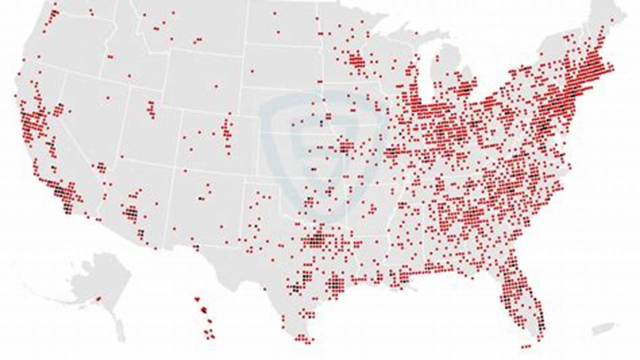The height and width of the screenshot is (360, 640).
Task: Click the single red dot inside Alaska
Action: [x=98, y=299]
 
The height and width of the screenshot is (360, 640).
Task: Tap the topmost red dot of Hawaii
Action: [x=197, y=299]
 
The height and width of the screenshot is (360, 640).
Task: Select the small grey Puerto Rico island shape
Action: [x=602, y=328]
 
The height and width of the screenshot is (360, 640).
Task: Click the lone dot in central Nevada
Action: [x=108, y=98]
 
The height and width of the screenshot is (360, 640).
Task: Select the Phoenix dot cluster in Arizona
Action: [x=132, y=214]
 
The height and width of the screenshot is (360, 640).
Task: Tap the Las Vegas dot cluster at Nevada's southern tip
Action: [x=102, y=167]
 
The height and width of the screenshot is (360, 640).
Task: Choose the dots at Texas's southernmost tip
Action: [x=302, y=338]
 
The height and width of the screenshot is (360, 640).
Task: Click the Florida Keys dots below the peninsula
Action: [x=525, y=346]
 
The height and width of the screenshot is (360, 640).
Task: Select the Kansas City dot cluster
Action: [x=345, y=147]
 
